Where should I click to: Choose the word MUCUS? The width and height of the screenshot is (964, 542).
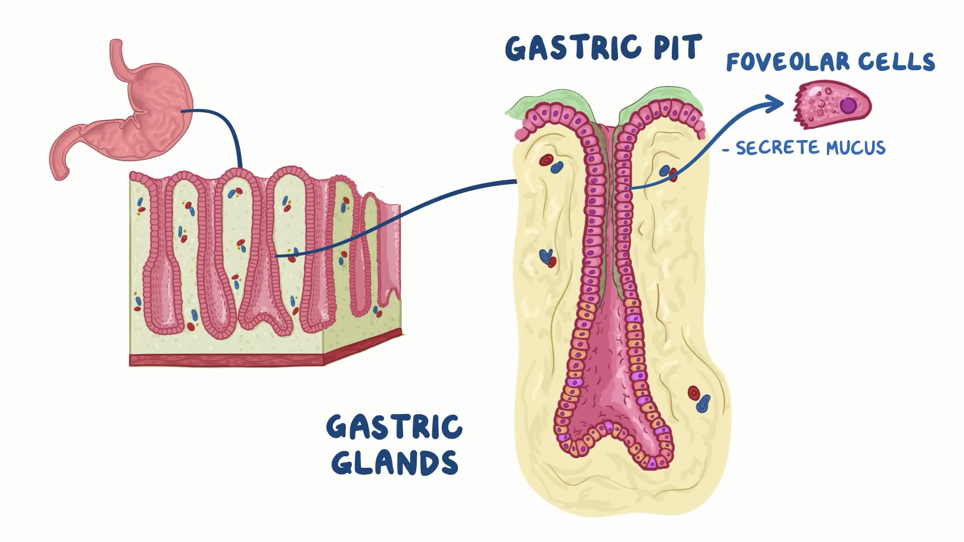[856, 148]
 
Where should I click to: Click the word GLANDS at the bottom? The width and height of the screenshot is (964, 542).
[395, 463]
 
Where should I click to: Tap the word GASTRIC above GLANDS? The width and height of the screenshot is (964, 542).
[395, 428]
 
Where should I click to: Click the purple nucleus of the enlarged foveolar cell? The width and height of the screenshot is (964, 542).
[849, 105]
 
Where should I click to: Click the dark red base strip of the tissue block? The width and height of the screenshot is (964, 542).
[226, 360]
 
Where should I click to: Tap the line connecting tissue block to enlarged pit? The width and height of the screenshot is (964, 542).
[402, 216]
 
